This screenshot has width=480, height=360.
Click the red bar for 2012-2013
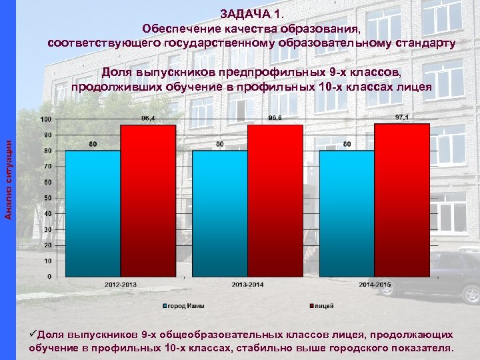(x=148, y=200)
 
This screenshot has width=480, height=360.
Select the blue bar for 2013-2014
(x=219, y=213)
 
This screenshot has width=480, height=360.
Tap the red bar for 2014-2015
(x=402, y=200)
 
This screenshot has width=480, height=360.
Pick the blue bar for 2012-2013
(x=93, y=213)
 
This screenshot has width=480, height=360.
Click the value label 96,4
(x=148, y=118)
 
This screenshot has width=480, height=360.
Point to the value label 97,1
(x=402, y=117)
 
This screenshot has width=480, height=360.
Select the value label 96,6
(x=275, y=118)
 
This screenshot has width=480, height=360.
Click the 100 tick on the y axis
(x=45, y=119)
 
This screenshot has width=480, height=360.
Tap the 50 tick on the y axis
(x=47, y=198)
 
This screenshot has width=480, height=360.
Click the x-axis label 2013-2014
(x=247, y=285)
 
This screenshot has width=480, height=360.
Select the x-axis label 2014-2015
(x=374, y=285)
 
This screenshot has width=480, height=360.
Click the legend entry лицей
(x=323, y=306)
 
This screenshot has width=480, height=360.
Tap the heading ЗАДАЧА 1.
(x=255, y=15)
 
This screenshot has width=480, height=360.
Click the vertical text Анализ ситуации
(x=9, y=176)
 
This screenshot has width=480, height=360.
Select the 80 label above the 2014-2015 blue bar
(x=347, y=144)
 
